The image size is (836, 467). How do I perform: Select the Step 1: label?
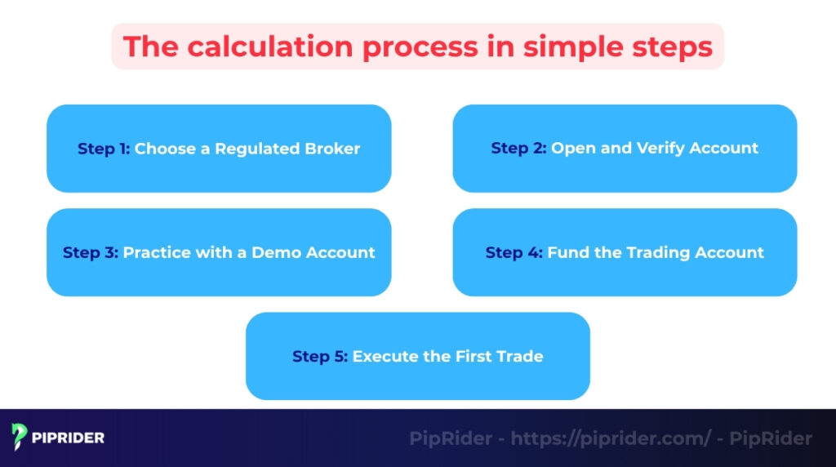click(104, 149)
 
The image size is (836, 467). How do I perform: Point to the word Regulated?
click(255, 149)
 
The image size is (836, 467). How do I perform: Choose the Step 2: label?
click(518, 148)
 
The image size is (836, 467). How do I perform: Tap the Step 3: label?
click(91, 252)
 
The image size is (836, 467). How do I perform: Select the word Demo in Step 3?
click(278, 252)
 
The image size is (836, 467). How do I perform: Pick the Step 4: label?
click(514, 252)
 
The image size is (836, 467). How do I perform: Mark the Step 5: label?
click(320, 356)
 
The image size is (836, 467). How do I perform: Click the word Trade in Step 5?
click(520, 356)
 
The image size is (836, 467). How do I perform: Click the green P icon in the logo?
click(19, 438)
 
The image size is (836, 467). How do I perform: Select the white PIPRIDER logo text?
click(69, 438)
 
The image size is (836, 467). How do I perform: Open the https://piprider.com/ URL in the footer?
click(611, 438)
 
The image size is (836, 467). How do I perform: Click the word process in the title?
click(420, 47)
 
